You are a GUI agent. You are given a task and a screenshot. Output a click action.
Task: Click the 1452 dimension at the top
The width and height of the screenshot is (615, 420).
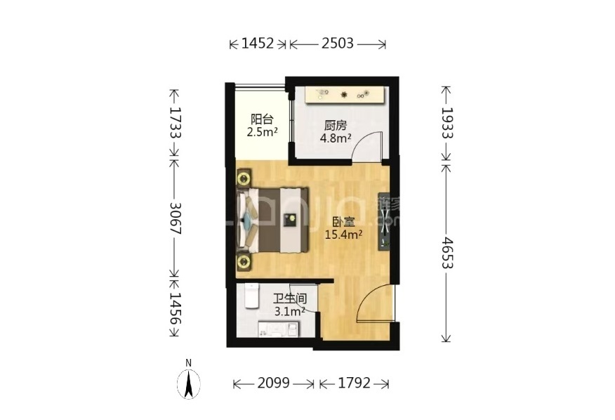tap(257, 43)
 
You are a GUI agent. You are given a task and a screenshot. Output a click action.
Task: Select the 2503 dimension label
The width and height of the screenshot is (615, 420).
tap(338, 43)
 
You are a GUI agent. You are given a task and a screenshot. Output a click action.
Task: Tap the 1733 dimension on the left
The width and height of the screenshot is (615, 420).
tap(174, 123)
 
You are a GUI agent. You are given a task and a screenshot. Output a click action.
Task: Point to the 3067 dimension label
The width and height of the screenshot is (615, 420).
tap(175, 218)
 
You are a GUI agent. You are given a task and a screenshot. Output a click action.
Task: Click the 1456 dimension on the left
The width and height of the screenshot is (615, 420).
tap(175, 308)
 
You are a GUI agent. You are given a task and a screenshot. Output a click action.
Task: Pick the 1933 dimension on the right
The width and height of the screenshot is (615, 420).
tap(447, 123)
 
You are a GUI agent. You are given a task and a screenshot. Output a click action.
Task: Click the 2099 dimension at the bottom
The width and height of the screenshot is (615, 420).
tap(273, 383)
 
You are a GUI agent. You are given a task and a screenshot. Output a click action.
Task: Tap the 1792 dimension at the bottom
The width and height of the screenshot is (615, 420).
tap(354, 383)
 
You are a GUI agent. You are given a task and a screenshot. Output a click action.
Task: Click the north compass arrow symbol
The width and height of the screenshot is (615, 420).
tap(189, 384)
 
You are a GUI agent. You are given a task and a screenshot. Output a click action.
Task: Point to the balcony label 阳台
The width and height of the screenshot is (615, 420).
tap(262, 119)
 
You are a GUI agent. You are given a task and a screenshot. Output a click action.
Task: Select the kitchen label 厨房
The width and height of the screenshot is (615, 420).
tap(336, 126)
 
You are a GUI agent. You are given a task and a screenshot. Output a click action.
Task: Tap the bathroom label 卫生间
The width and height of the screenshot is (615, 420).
tap(290, 299)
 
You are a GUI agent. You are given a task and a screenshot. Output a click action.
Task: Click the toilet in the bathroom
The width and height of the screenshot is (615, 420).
tap(251, 296)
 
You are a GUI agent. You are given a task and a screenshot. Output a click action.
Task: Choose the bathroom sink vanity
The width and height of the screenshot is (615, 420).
tap(279, 329)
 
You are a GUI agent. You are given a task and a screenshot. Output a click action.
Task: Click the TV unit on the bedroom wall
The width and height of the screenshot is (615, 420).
tap(383, 221)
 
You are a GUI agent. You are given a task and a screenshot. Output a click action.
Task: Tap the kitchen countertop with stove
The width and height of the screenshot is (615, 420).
tap(345, 95)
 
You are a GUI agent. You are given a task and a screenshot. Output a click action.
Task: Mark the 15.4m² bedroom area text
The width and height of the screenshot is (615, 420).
tap(343, 235)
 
